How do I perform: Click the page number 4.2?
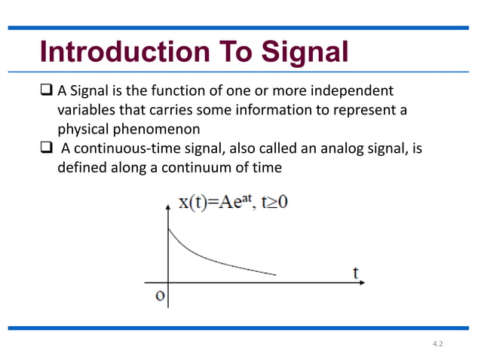(x=438, y=343)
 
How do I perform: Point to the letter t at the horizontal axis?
(x=356, y=272)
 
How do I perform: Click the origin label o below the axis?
(x=159, y=294)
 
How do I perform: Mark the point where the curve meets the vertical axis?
(x=167, y=228)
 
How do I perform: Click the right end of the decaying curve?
(x=276, y=275)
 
